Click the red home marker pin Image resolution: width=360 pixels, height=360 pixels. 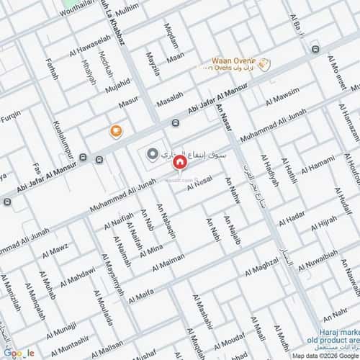pos(179,163)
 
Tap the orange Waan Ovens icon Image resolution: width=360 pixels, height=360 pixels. pos(264,64)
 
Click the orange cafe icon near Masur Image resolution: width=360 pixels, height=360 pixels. pos(115,130)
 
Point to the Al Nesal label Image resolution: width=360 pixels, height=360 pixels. pos(199,186)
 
